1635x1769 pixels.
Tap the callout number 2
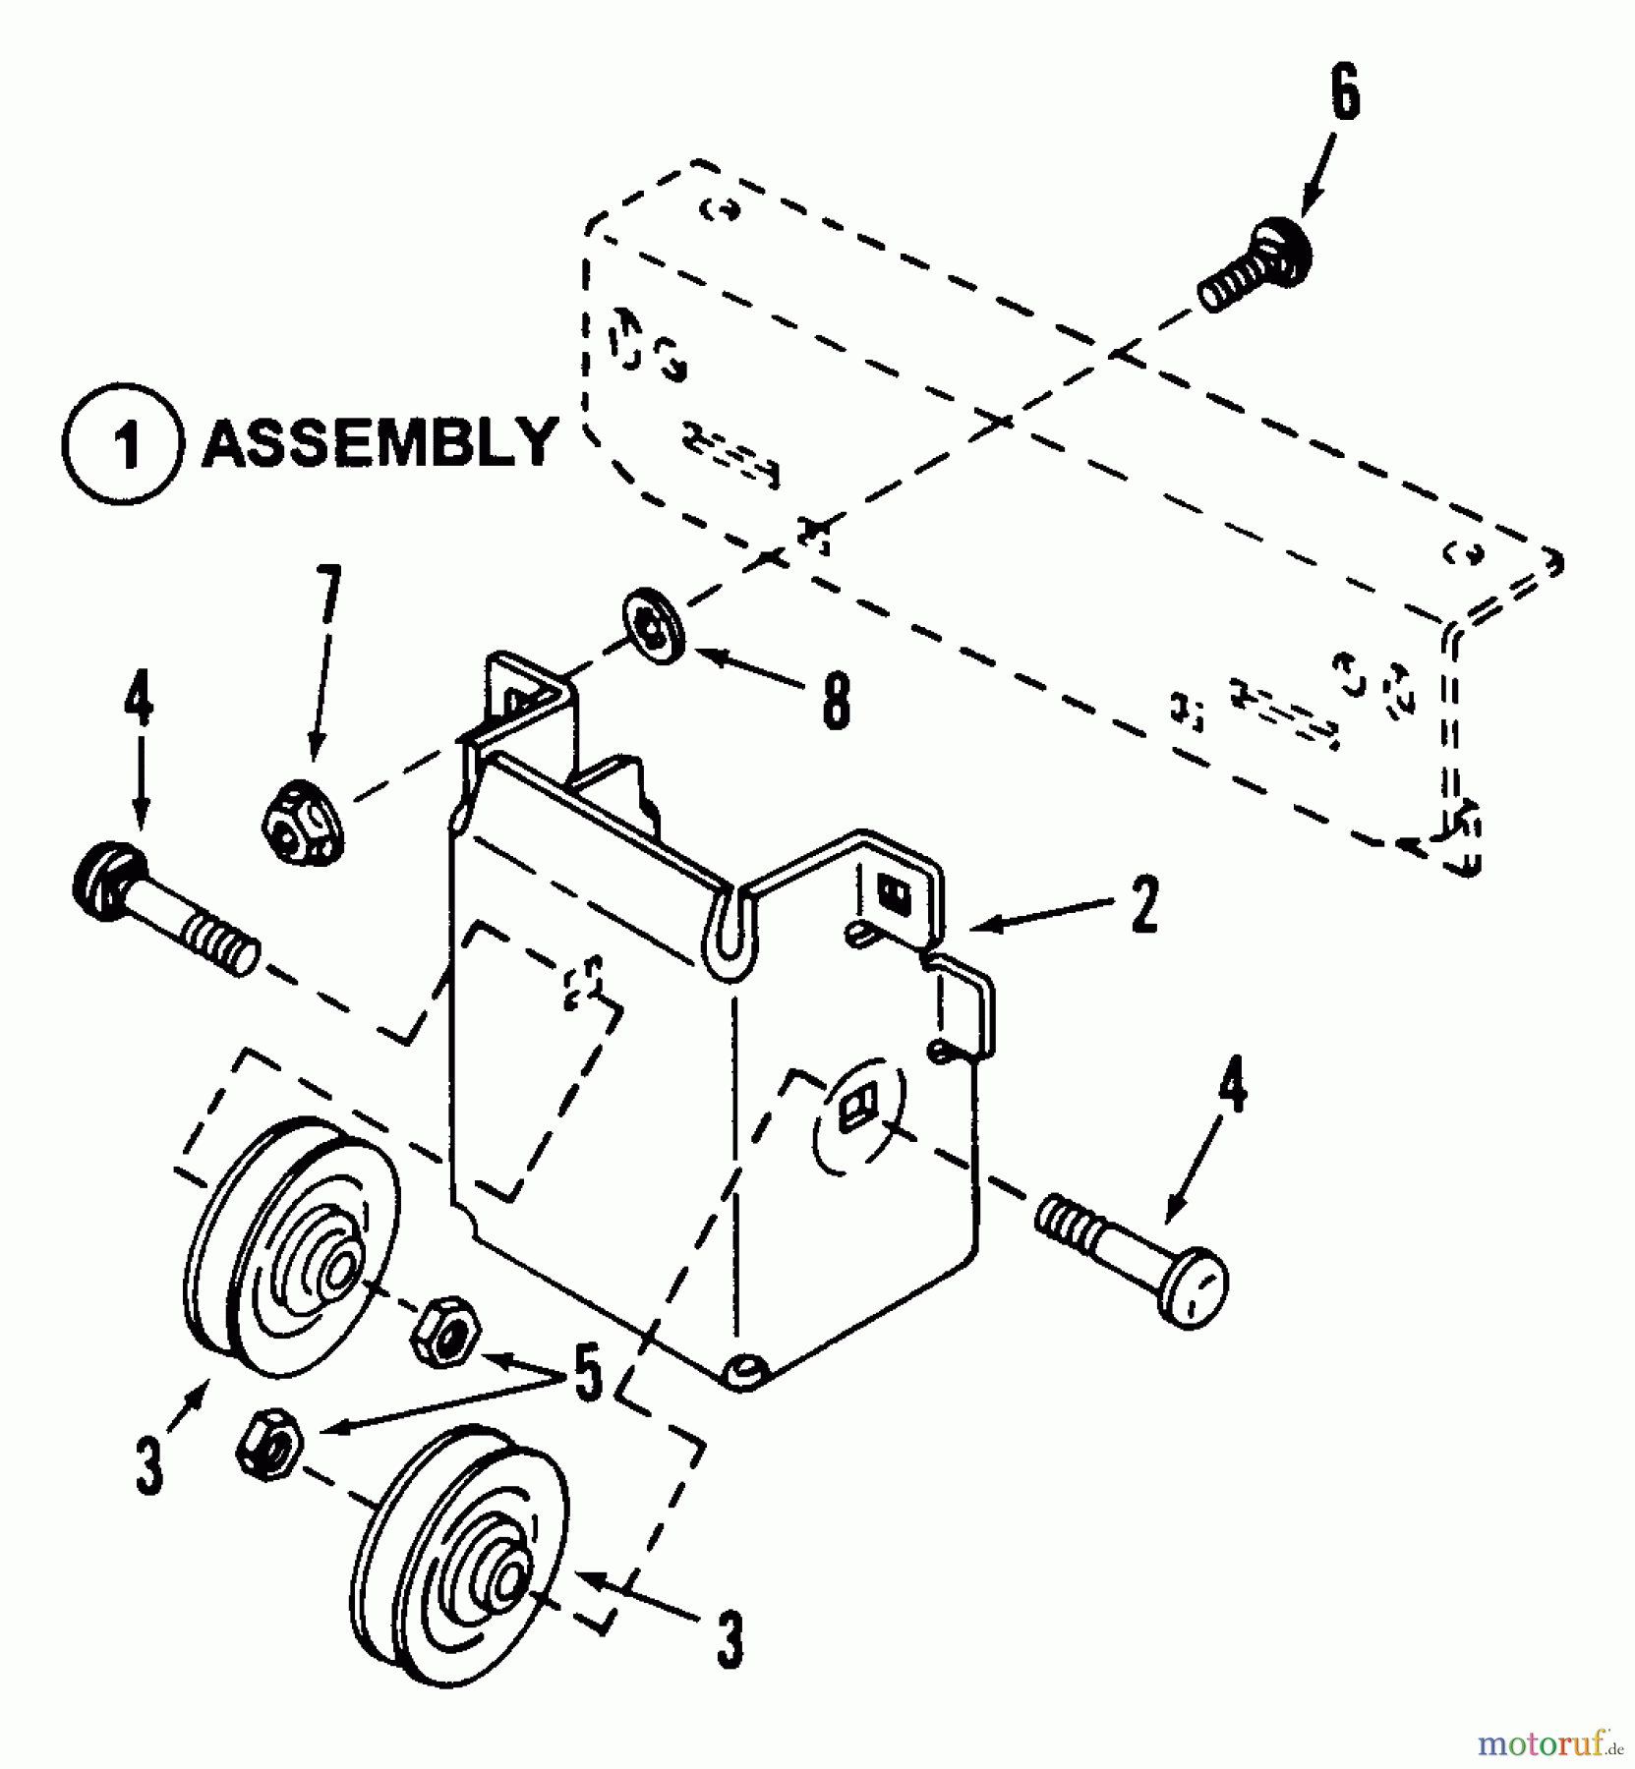tap(1143, 905)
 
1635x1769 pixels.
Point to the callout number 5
tap(587, 1376)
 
